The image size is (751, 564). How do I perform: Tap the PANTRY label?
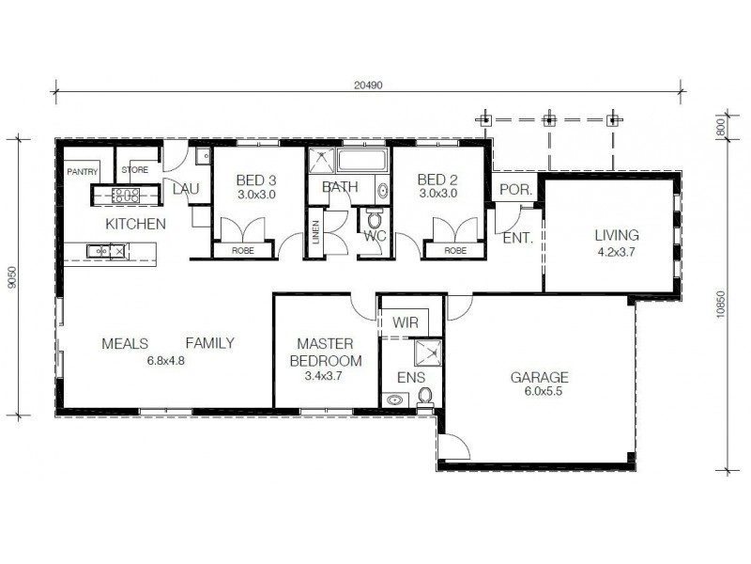pos(83,171)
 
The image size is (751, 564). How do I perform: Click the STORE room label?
pos(135,170)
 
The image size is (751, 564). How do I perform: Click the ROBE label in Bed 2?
pos(455,251)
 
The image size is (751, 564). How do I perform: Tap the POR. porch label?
pos(515,189)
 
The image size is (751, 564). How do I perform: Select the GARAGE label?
pos(539,378)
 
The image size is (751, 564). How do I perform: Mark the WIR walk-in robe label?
pos(406,322)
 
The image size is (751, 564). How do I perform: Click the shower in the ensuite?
pos(425,354)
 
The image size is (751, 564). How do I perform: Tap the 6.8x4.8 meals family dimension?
pos(165,359)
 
